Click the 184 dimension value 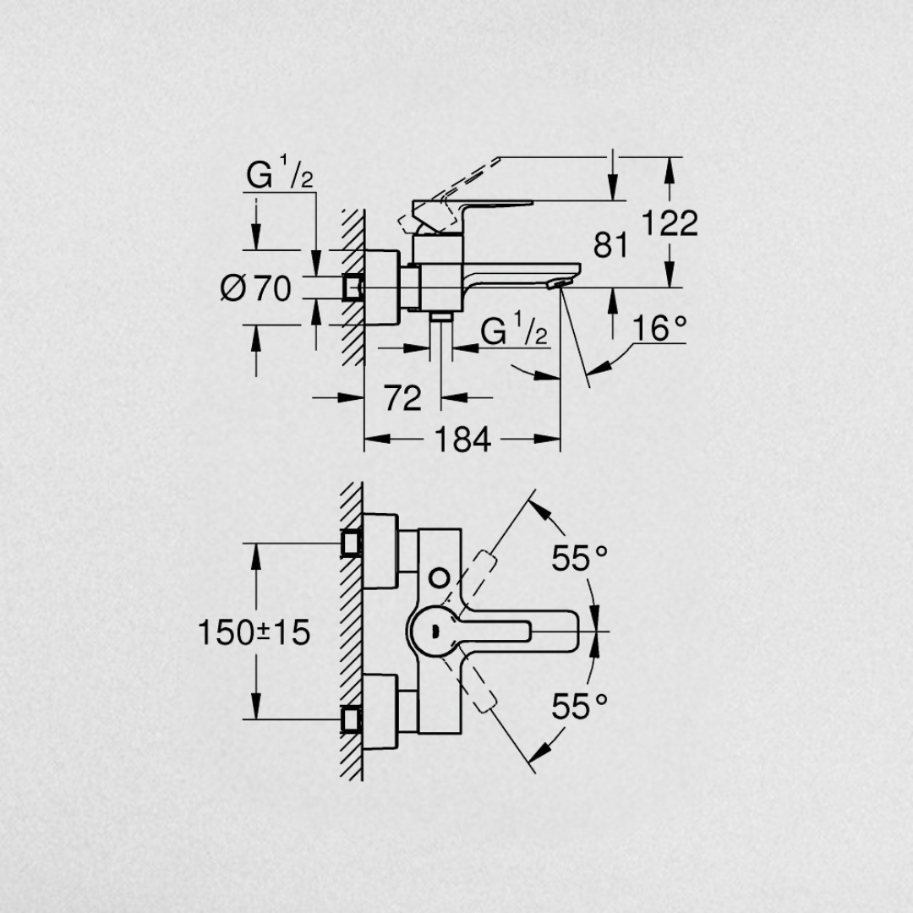click(x=462, y=440)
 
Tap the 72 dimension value click(x=402, y=397)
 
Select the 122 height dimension click(x=670, y=223)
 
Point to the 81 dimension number click(x=610, y=246)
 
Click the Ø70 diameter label click(x=255, y=289)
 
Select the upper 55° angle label click(x=580, y=558)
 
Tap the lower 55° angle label click(x=580, y=705)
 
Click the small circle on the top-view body click(x=439, y=577)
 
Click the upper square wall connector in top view click(x=352, y=543)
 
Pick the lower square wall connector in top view click(x=352, y=719)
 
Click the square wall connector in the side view click(x=352, y=287)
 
